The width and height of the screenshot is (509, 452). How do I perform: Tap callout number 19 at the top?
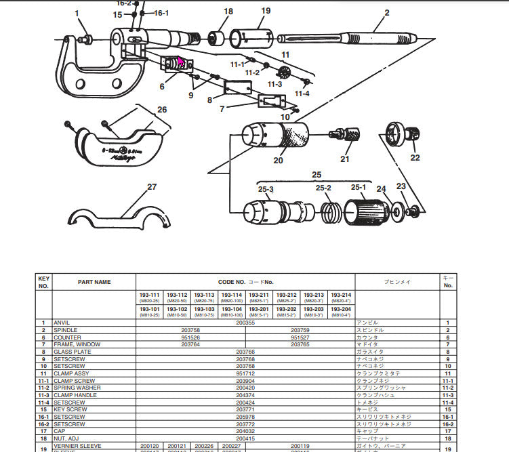pyautogui.click(x=265, y=11)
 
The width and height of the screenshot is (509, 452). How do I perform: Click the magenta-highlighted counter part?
pyautogui.click(x=180, y=64)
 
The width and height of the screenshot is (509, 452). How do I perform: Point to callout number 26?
pyautogui.click(x=161, y=110)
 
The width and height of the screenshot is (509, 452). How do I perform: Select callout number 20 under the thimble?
pyautogui.click(x=278, y=161)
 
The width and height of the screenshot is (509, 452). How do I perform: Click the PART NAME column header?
pyautogui.click(x=94, y=282)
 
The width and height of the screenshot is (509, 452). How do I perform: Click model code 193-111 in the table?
pyautogui.click(x=150, y=295)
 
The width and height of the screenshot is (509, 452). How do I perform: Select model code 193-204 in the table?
pyautogui.click(x=341, y=309)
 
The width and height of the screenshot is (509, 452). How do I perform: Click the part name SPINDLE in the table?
pyautogui.click(x=66, y=330)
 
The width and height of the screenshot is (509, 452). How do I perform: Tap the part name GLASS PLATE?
pyautogui.click(x=72, y=352)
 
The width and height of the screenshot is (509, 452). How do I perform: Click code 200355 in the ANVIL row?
pyautogui.click(x=245, y=323)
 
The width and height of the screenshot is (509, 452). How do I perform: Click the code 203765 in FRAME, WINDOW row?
pyautogui.click(x=300, y=344)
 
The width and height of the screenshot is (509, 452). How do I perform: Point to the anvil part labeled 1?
pyautogui.click(x=85, y=38)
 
